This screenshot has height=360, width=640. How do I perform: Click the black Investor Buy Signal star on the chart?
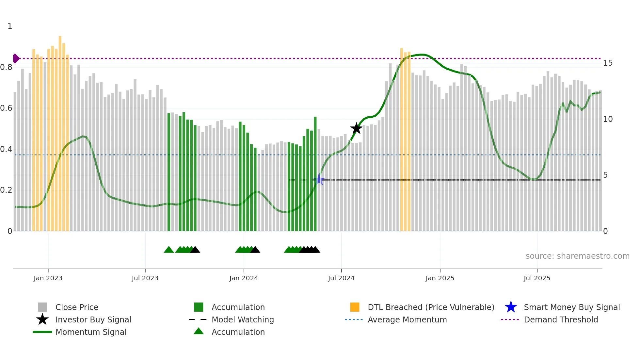[x=356, y=128]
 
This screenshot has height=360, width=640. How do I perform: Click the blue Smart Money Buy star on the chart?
[x=319, y=179]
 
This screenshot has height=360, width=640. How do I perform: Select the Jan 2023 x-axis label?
[x=48, y=278]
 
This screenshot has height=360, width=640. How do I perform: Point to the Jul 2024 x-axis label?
[x=341, y=278]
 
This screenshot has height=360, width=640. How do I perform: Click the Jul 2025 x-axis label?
[x=537, y=278]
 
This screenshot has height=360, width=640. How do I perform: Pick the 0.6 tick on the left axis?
[x=7, y=108]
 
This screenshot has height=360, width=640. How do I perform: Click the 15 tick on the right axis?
[x=608, y=63]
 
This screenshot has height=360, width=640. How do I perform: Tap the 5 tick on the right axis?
[x=605, y=175]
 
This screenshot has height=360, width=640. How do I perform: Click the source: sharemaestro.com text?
[x=577, y=256]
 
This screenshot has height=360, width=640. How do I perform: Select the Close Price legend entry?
[x=77, y=307]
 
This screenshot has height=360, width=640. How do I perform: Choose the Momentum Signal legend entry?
[x=91, y=332]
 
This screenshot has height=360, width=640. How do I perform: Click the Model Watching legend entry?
[x=243, y=320]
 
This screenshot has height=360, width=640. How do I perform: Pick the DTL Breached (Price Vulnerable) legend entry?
[x=431, y=307]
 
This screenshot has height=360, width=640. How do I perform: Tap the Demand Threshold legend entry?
[x=561, y=320]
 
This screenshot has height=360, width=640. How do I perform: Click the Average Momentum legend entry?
[x=407, y=320]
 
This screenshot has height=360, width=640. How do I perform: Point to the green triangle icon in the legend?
[x=199, y=332]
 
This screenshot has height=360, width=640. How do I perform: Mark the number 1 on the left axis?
[x=10, y=26]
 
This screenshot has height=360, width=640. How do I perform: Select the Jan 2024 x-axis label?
[x=244, y=278]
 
